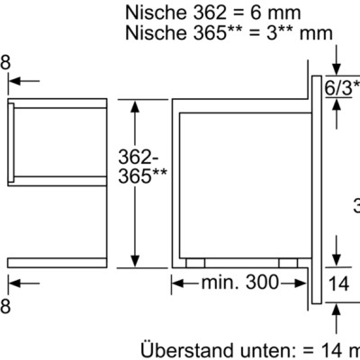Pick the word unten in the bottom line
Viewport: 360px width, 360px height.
coord(254,349)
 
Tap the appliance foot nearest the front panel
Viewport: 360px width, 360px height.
coord(289,263)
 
